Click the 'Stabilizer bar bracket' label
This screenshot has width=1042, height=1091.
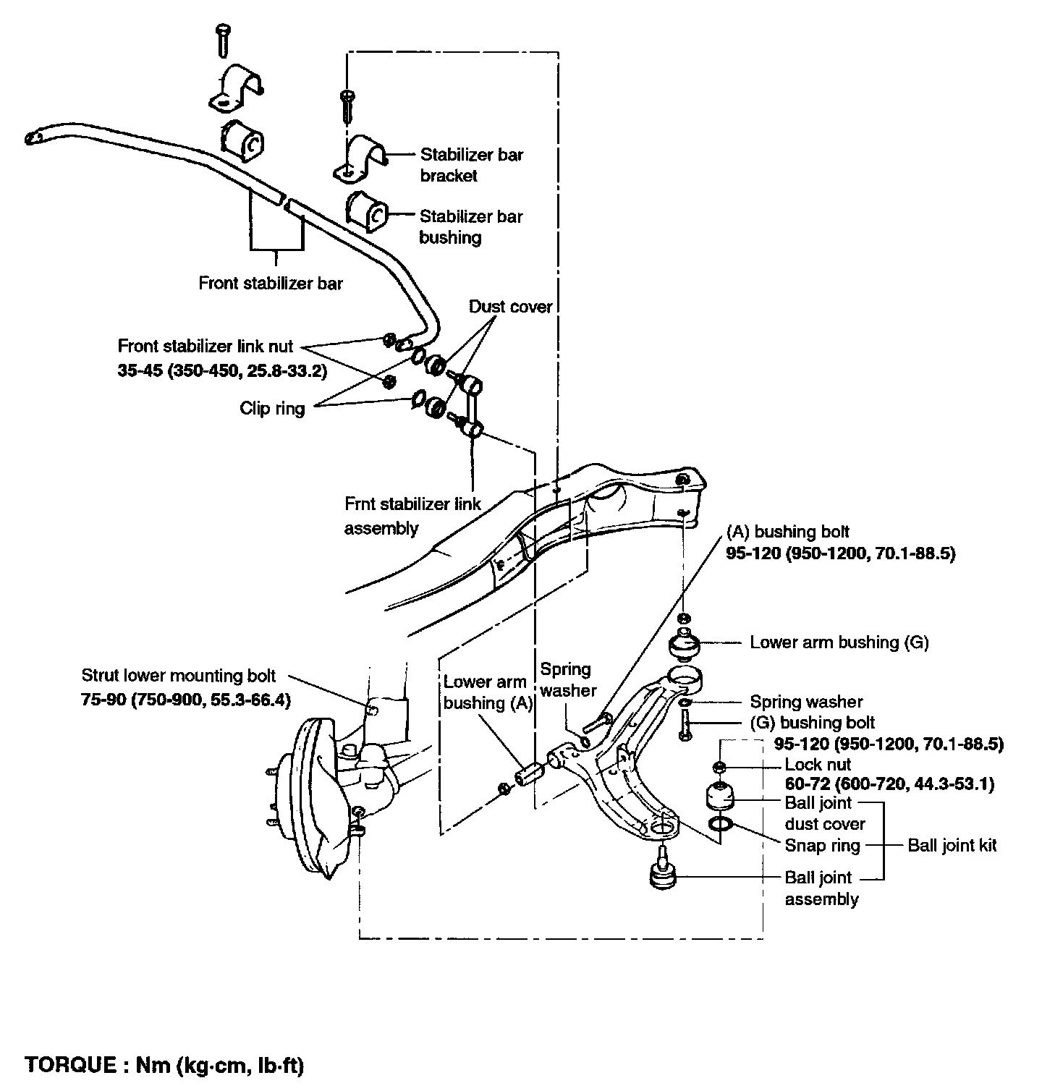pyautogui.click(x=471, y=165)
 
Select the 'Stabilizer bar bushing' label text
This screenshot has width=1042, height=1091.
pyautogui.click(x=471, y=226)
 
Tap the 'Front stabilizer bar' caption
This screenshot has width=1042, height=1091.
pyautogui.click(x=271, y=282)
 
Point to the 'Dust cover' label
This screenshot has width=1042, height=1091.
pyautogui.click(x=510, y=307)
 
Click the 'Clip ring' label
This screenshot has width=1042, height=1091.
pyautogui.click(x=272, y=409)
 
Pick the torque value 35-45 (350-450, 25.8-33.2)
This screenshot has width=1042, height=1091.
pyautogui.click(x=222, y=371)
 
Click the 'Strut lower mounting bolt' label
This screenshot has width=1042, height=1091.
pyautogui.click(x=179, y=676)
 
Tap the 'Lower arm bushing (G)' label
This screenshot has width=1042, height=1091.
pyautogui.click(x=839, y=642)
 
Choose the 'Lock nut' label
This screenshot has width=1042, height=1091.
pyautogui.click(x=818, y=765)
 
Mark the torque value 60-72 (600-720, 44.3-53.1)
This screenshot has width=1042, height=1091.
pyautogui.click(x=889, y=784)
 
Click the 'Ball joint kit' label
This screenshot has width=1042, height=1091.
pyautogui.click(x=952, y=845)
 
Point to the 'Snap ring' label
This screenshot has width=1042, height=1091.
pyautogui.click(x=822, y=845)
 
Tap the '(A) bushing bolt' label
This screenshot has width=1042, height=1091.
pyautogui.click(x=787, y=532)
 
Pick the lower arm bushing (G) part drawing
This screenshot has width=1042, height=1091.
pyautogui.click(x=685, y=645)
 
